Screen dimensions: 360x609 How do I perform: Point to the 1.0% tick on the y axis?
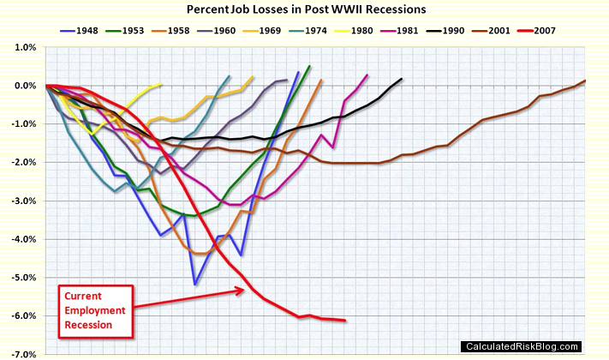(x=21, y=47)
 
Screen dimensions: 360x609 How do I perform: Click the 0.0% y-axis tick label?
(x=21, y=86)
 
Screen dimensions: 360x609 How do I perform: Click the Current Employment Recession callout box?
(x=95, y=308)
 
